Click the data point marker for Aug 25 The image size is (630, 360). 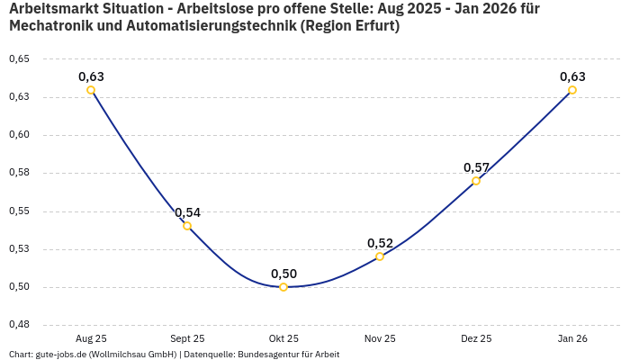(91, 90)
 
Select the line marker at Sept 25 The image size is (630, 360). (187, 226)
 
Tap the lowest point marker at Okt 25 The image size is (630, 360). (283, 287)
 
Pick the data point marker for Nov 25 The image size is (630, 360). (380, 256)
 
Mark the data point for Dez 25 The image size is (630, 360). (476, 181)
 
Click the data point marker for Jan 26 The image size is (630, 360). (572, 90)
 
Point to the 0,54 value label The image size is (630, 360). (187, 213)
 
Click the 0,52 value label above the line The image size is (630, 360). (380, 244)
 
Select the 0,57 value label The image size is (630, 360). (476, 168)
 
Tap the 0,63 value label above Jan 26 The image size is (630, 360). (572, 77)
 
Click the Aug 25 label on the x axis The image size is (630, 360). (91, 338)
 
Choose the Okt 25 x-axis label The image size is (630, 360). (283, 338)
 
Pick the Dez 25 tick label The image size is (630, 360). (476, 338)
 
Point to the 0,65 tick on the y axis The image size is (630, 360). (19, 58)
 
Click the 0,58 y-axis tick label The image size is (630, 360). (19, 173)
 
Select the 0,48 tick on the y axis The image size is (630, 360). (19, 325)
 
